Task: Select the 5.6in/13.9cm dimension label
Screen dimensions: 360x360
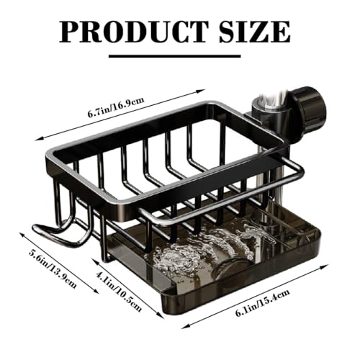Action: click(52, 267)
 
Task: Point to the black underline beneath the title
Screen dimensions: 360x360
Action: click(179, 53)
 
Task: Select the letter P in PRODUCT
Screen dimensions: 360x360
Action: click(71, 31)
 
